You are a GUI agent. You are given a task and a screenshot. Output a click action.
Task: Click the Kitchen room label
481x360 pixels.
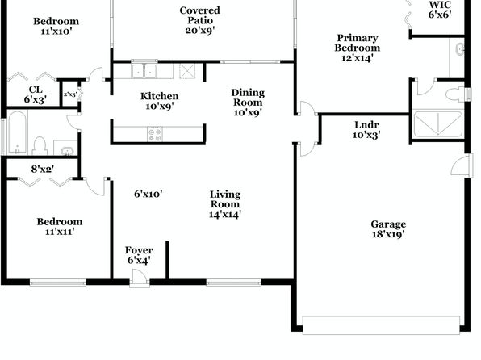coord(160,96)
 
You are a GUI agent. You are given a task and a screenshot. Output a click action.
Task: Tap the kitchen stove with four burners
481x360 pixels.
coord(155,135)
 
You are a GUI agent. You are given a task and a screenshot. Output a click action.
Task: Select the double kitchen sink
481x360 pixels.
coord(144,71)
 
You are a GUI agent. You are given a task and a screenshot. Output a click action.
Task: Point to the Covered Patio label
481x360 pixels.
coord(199,15)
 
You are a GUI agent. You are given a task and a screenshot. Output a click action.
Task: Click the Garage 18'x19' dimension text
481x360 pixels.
coord(388,234)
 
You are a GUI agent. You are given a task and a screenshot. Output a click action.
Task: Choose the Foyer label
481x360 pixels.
coord(139,250)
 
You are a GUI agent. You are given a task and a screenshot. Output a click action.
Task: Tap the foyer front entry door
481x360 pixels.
coord(140,278)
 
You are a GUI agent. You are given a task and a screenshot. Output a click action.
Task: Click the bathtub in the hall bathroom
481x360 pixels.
coord(18,132)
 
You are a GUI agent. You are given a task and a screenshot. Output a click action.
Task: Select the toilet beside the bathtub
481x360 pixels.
coord(40,146)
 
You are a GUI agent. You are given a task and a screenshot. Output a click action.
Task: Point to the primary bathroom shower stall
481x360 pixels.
coord(437,124)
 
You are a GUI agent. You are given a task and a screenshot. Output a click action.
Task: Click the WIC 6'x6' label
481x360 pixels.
coord(440,10)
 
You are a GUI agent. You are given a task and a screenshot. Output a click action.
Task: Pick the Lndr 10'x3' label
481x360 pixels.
coord(366,130)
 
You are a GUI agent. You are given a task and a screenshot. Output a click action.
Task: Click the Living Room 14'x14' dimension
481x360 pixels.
coord(225,214)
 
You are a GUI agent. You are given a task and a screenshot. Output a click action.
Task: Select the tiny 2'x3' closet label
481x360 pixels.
coord(70,94)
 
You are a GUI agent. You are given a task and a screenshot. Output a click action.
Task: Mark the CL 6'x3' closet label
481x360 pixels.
coord(36,94)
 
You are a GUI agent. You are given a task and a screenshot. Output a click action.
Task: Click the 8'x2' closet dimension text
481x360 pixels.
coord(43,169)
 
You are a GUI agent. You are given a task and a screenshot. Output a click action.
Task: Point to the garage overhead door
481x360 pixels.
coord(381,324)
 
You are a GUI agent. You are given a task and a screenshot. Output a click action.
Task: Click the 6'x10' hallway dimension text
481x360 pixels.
coord(148,194)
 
